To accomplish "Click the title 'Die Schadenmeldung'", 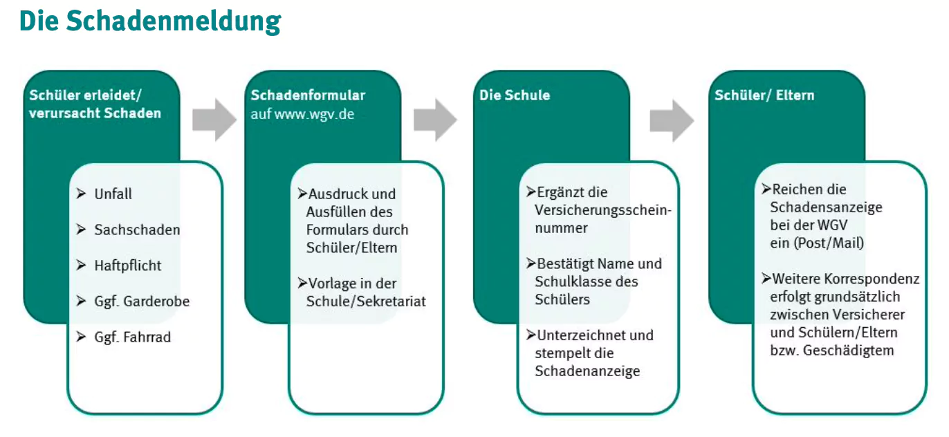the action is pyautogui.click(x=150, y=21).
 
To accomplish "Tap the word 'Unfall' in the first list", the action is pyautogui.click(x=113, y=194).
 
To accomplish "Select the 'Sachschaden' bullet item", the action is pyautogui.click(x=137, y=230).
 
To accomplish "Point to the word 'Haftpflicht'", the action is pyautogui.click(x=127, y=266).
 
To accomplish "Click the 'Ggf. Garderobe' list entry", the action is pyautogui.click(x=142, y=301).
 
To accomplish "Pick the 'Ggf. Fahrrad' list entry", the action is pyautogui.click(x=133, y=337).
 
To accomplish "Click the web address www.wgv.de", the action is pyautogui.click(x=314, y=114).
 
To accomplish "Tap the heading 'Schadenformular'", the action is pyautogui.click(x=308, y=95).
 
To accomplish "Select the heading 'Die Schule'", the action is pyautogui.click(x=515, y=95).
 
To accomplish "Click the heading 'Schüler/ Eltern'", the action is pyautogui.click(x=765, y=95).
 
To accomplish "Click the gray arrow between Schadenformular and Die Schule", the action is pyautogui.click(x=436, y=120).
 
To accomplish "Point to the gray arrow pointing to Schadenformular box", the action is pyautogui.click(x=214, y=120).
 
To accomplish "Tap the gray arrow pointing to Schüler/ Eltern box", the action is pyautogui.click(x=672, y=121).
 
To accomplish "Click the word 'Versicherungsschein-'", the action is pyautogui.click(x=603, y=210).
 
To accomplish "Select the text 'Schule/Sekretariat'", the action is pyautogui.click(x=366, y=301).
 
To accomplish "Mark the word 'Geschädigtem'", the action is pyautogui.click(x=849, y=351).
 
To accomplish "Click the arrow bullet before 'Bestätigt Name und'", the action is pyautogui.click(x=531, y=263).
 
